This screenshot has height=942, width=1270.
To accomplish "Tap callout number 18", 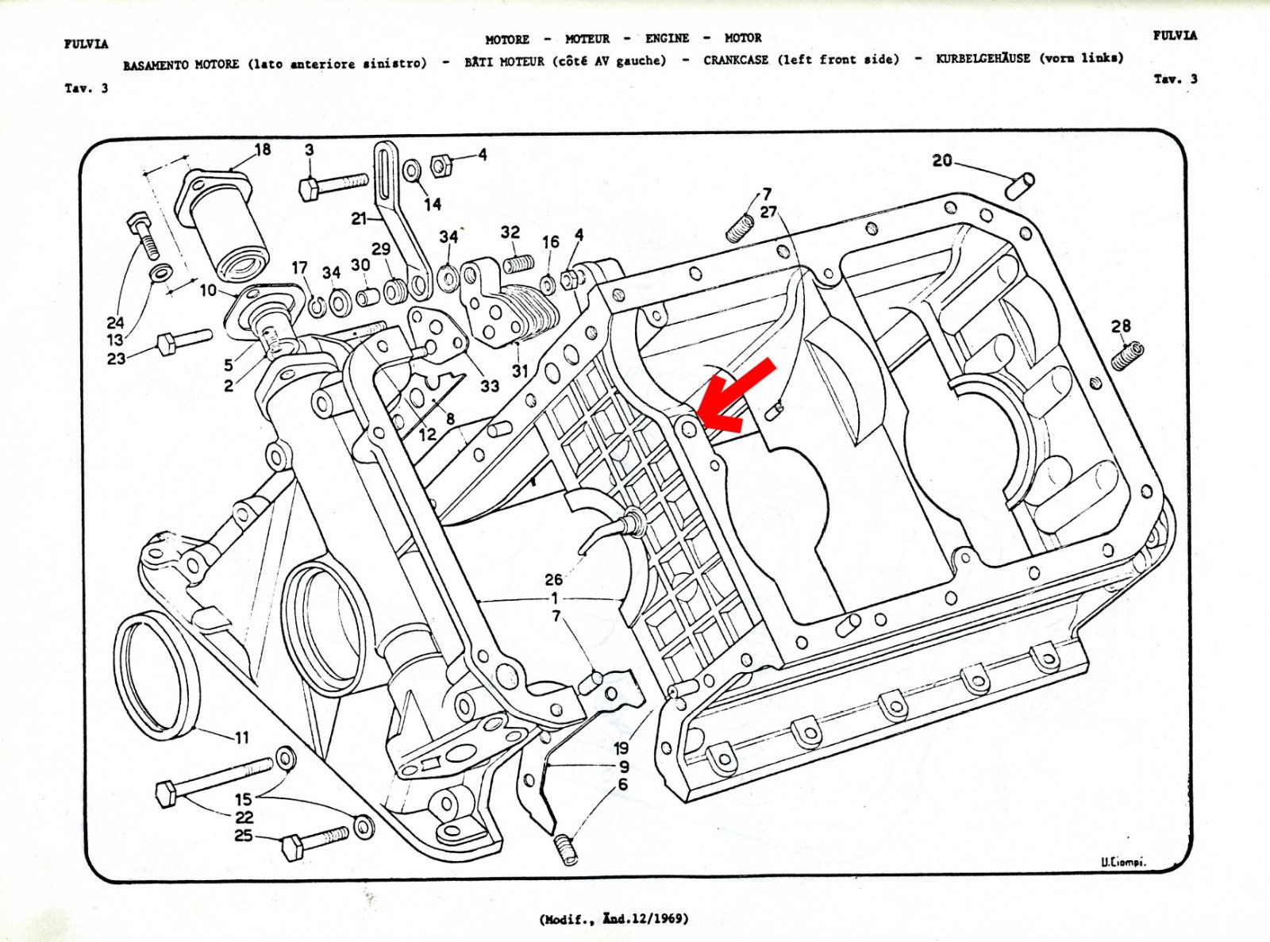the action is point(262,149).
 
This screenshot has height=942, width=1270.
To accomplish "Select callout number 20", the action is point(942,161).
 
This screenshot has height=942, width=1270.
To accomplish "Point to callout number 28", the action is point(1121,326).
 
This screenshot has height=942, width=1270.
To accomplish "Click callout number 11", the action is point(242,737).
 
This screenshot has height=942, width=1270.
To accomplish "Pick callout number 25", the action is point(244,836).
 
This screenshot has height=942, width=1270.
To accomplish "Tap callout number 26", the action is point(554,579).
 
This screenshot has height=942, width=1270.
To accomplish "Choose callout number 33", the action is point(490,386).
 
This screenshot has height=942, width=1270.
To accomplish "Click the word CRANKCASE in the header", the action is point(736,60).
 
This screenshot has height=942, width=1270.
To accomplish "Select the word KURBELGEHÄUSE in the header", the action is point(983,59).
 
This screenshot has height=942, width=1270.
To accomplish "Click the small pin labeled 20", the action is point(1020,186).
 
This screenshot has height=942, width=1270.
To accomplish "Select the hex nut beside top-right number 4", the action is point(441,166).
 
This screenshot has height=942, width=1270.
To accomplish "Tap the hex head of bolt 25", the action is point(293,847).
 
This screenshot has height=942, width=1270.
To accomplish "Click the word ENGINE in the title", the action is point(667,38).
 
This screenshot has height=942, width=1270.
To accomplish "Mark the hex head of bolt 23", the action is point(166,345).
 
